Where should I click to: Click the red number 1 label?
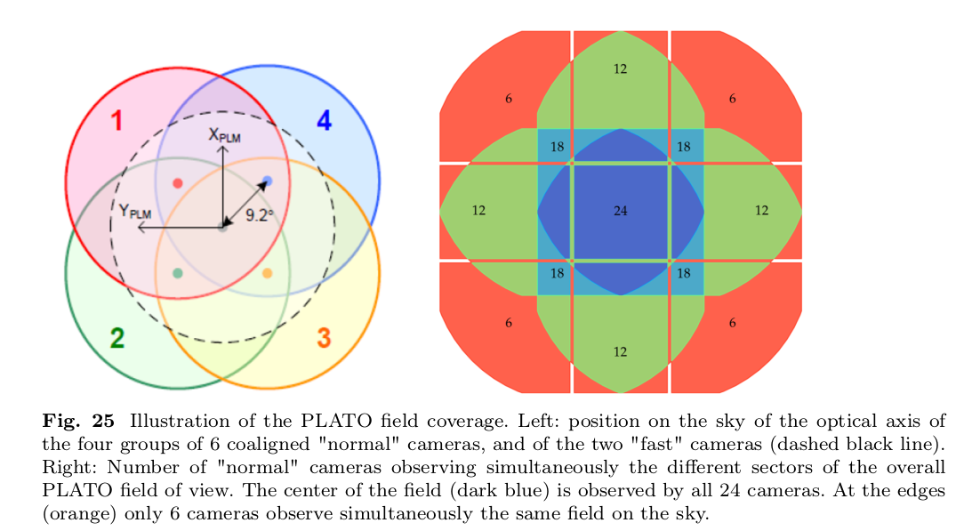116,121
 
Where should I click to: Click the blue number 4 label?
324,121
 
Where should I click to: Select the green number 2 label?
116,338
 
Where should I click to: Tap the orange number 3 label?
324,338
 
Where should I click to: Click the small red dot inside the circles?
178,183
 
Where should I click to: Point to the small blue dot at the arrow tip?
267,181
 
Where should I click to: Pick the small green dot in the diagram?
178,273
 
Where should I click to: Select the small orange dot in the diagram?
267,273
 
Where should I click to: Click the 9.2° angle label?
259,214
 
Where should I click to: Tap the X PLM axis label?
224,135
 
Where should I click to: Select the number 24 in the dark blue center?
621,211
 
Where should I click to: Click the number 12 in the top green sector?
621,68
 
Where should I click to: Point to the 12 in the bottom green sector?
621,352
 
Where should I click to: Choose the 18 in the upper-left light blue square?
557,147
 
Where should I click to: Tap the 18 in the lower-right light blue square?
684,274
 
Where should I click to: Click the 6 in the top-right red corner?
732,99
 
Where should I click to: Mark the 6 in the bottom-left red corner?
509,324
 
